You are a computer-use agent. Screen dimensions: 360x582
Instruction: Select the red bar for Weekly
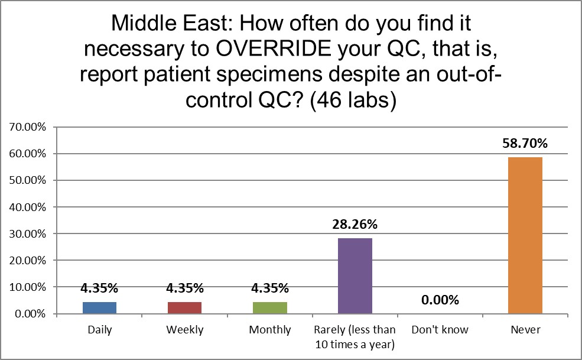[186, 307]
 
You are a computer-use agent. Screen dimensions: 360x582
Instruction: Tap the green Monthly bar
[270, 307]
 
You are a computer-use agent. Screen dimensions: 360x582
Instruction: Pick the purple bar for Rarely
[355, 275]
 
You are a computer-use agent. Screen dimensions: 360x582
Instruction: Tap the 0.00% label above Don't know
[440, 300]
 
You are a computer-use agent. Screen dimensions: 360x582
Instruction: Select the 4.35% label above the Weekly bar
[186, 288]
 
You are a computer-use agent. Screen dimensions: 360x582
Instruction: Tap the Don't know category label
[440, 330]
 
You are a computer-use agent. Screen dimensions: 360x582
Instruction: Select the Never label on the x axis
[525, 330]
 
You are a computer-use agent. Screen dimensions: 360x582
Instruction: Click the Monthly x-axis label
[270, 330]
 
